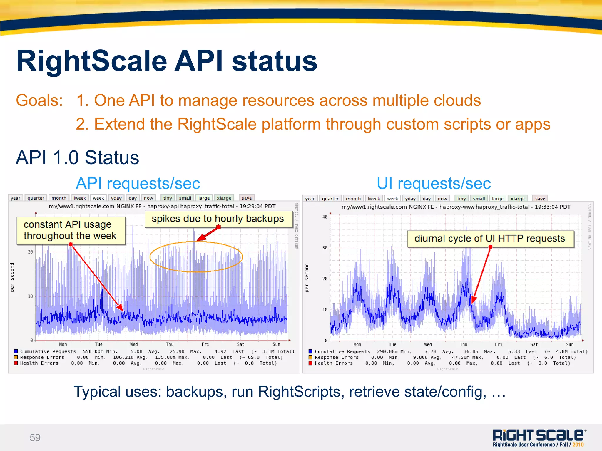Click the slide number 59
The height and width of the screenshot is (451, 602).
[x=35, y=437]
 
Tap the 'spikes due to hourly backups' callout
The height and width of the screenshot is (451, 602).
[x=218, y=219]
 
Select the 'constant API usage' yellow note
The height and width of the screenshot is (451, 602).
[x=71, y=230]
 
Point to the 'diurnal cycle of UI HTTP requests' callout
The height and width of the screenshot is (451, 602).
[x=490, y=239]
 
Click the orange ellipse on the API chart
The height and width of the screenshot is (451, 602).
[x=196, y=257]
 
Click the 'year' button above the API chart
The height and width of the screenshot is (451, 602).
[x=15, y=198]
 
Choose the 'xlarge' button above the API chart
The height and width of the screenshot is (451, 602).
[x=224, y=198]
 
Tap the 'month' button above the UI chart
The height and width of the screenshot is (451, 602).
[x=353, y=199]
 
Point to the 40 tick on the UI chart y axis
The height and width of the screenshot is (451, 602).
[x=325, y=217]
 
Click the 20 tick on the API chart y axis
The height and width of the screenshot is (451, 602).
[x=30, y=252]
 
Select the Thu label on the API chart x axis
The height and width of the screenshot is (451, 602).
[x=170, y=344]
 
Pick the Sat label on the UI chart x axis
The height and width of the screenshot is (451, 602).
[x=534, y=344]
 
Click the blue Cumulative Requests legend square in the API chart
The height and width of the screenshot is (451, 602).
[x=16, y=351]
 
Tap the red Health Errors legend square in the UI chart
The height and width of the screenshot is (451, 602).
[x=310, y=363]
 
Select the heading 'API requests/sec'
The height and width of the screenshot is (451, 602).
[x=138, y=184]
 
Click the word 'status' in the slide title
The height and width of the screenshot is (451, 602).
[x=275, y=61]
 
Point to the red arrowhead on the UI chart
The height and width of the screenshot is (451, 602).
[x=473, y=300]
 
